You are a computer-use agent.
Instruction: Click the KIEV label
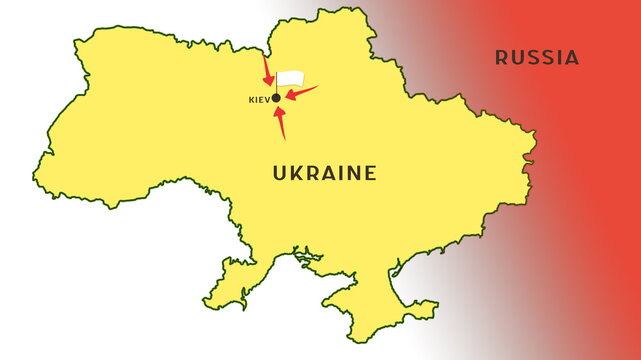pos(258,100)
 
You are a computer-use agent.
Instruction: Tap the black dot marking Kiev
pos(276,98)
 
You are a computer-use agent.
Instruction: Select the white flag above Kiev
pos(290,78)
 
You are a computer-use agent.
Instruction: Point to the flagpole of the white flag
pos(276,86)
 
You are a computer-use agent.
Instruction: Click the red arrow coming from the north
pos(267,71)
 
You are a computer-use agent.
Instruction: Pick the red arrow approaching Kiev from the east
pos(301,93)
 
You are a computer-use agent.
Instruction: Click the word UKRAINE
pos(325,173)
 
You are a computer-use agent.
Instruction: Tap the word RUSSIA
pos(537,57)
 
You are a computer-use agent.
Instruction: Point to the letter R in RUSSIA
pos(502,57)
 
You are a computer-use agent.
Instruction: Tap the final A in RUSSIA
pos(572,57)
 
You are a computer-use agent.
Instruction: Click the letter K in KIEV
pos(250,100)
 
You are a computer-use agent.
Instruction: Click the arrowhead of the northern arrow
pos(270,82)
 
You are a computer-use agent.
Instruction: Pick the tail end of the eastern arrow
pos(316,87)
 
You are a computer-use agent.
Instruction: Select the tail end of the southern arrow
pos(284,138)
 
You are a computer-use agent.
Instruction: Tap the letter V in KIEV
pos(267,100)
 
